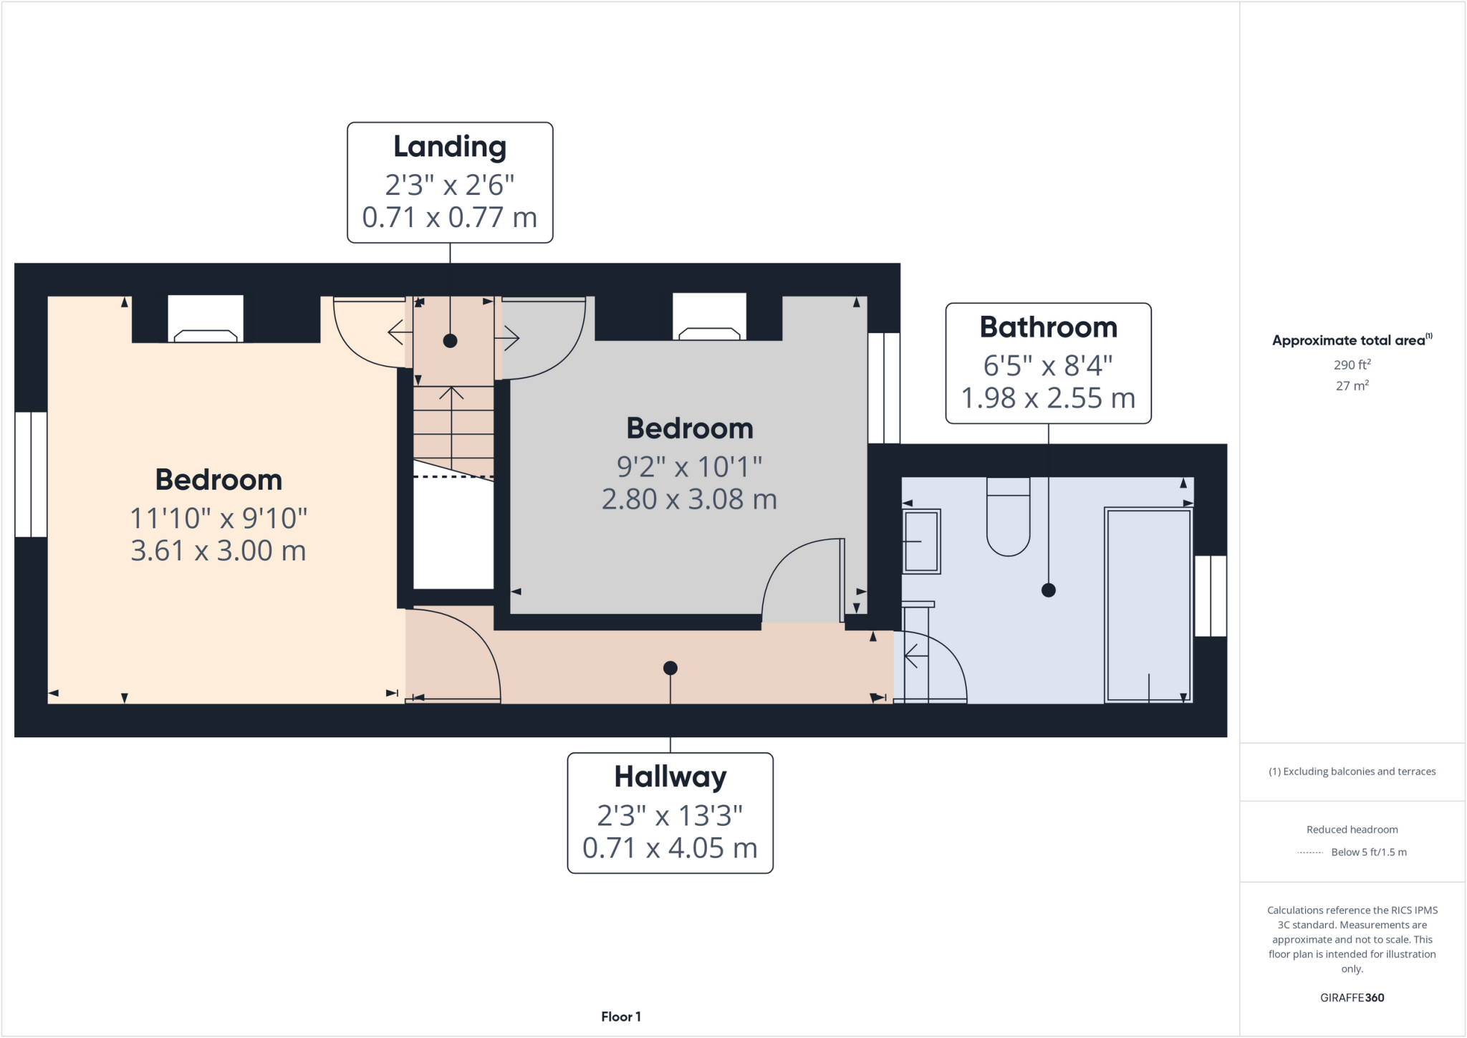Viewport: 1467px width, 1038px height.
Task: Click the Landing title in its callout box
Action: [x=450, y=147]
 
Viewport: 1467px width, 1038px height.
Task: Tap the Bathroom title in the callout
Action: [x=1048, y=327]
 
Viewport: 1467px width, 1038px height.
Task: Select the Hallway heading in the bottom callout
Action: [x=670, y=777]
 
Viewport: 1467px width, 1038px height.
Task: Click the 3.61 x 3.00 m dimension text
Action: [x=218, y=551]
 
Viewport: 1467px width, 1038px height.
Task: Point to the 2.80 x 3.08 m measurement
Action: [x=689, y=499]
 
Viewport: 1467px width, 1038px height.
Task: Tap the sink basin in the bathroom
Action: [x=921, y=542]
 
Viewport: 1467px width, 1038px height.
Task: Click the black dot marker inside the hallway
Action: [x=670, y=668]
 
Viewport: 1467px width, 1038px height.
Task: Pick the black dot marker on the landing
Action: [x=450, y=341]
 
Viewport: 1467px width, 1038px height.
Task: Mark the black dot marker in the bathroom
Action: [x=1049, y=590]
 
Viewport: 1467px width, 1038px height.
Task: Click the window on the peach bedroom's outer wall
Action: [x=31, y=474]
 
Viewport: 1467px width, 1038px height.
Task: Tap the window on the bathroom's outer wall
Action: [x=1211, y=596]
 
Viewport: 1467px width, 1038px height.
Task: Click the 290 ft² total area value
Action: [x=1352, y=365]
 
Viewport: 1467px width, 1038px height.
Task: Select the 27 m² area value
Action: [x=1352, y=386]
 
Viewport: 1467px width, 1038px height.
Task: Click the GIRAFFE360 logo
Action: [x=1352, y=997]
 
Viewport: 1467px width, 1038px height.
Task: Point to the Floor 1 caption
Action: [x=620, y=1017]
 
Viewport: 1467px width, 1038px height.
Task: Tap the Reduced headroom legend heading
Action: [x=1352, y=830]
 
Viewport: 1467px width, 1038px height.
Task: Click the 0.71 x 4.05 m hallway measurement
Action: [x=670, y=848]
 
